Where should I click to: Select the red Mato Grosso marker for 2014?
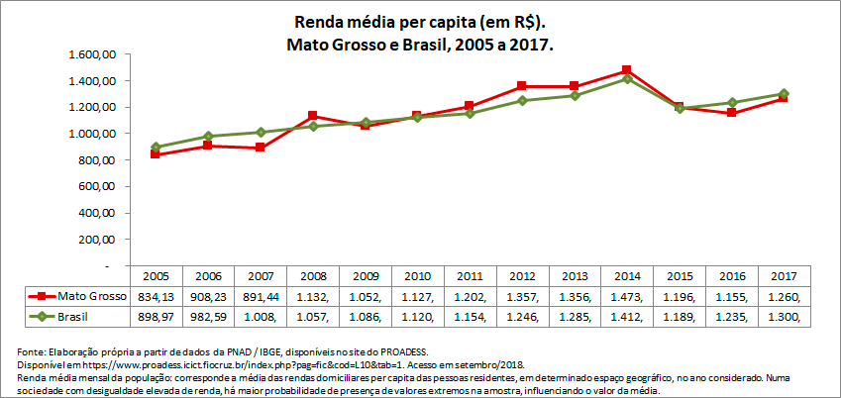[627, 71]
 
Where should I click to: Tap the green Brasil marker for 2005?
[156, 147]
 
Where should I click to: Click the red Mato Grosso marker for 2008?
[312, 116]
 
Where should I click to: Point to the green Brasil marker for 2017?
[785, 94]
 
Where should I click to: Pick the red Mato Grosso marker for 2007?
[260, 148]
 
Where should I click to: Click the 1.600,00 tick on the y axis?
[94, 54]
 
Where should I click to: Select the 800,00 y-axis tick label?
[98, 160]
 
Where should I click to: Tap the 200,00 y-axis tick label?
[98, 240]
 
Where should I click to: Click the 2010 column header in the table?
[417, 276]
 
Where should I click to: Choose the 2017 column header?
[785, 276]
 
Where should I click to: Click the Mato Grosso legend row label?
[84, 296]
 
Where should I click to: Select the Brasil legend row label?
[74, 316]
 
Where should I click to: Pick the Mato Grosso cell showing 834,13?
[155, 296]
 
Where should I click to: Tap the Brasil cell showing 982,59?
[207, 316]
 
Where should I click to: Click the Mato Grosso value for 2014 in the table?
[627, 296]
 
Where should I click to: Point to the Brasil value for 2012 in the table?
[522, 316]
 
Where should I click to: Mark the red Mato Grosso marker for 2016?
[732, 113]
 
